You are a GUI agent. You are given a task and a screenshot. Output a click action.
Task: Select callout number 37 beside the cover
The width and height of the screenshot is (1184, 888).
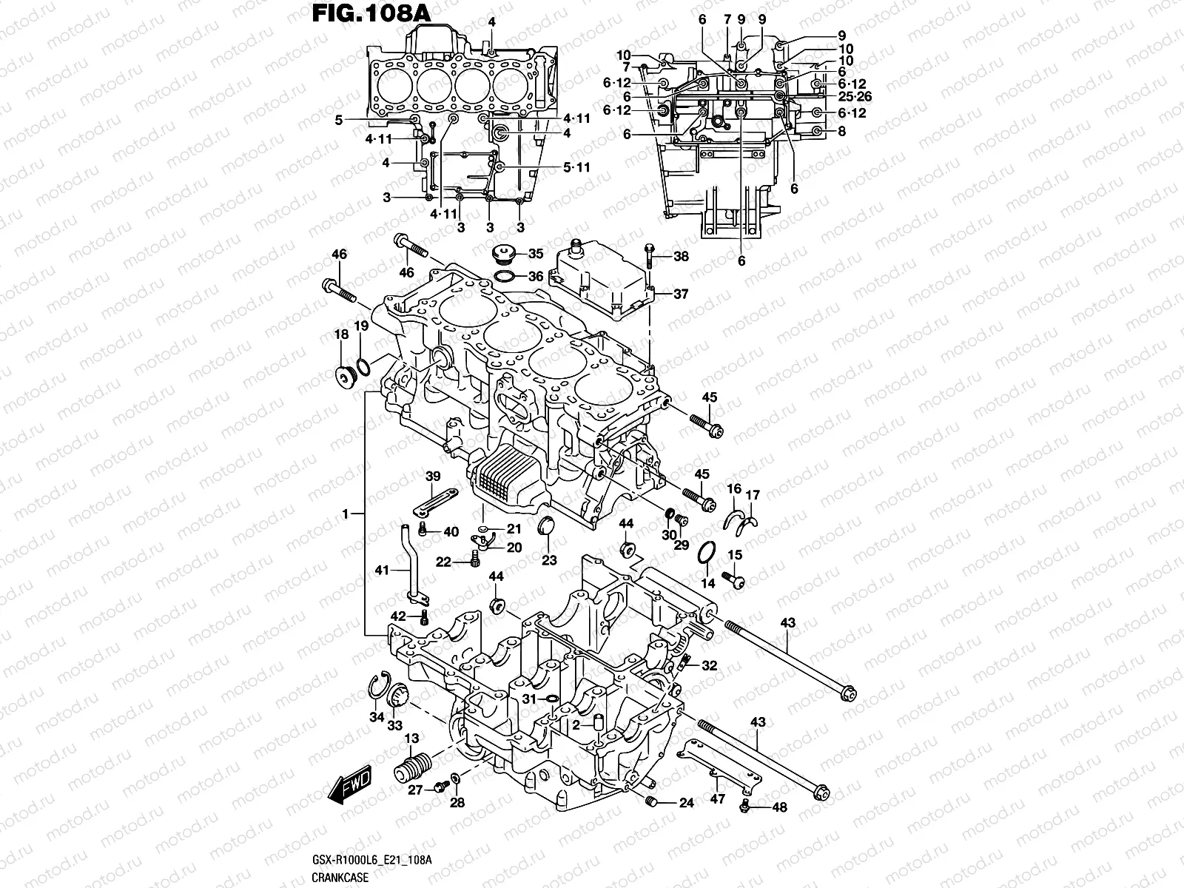click(680, 294)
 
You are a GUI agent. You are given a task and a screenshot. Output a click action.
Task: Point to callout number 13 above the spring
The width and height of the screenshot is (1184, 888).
click(411, 739)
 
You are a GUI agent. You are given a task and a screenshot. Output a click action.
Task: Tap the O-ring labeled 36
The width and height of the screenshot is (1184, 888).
click(504, 277)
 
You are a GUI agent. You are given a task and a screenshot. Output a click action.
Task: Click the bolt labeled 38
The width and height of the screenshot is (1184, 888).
click(649, 255)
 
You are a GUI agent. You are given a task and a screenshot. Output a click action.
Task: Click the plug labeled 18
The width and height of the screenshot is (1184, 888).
click(345, 378)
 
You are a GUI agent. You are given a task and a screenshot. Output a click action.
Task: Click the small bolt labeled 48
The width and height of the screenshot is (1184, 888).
click(746, 807)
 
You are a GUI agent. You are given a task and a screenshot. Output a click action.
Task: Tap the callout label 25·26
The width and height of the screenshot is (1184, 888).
click(835, 98)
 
